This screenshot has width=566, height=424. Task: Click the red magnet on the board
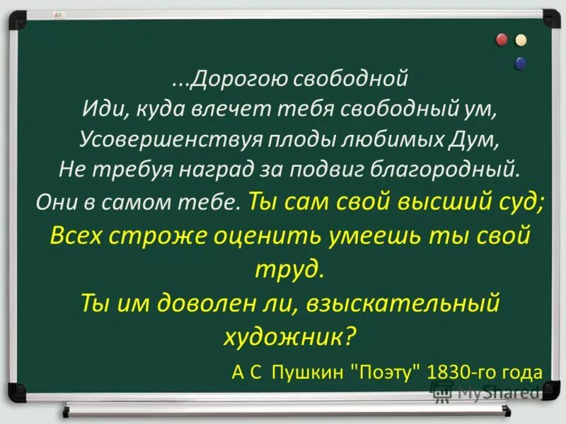(504, 39)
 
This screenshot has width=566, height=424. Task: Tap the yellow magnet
(521, 40)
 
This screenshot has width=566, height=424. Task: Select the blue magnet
(521, 64)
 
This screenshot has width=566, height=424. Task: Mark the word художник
(287, 335)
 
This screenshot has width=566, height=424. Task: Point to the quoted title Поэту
(385, 370)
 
